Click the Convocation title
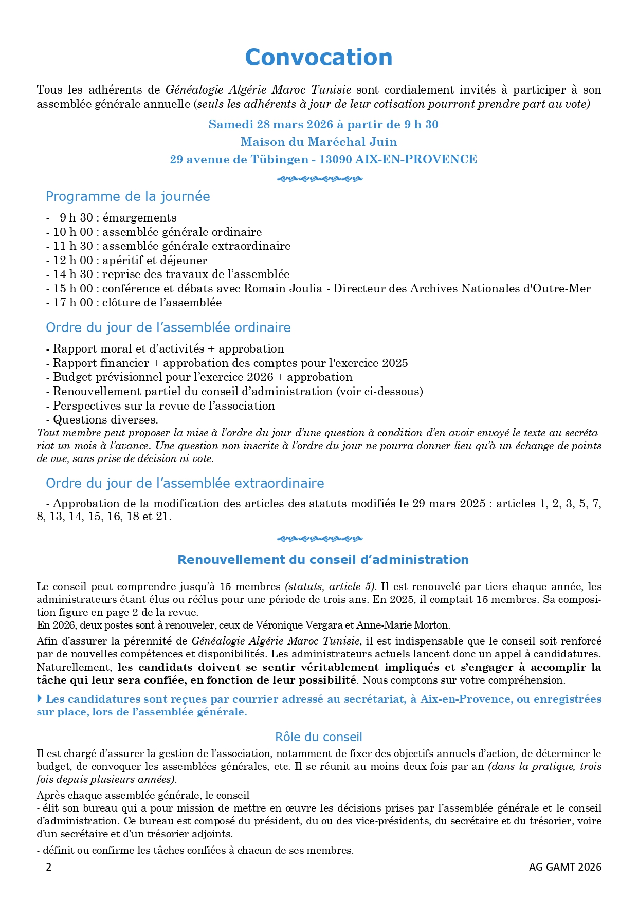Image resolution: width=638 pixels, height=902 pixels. coord(318,57)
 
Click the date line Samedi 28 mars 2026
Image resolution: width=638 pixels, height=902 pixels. coord(323,125)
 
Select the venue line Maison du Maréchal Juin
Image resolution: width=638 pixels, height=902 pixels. coord(319,142)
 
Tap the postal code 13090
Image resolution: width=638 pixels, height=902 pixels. coord(335,159)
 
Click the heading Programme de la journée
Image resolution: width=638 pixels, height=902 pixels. coord(127,196)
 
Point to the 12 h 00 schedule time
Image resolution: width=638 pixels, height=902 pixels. coord(73,260)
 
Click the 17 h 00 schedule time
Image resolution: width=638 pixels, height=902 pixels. coord(73,303)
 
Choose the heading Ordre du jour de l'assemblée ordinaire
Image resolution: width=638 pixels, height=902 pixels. coord(168,327)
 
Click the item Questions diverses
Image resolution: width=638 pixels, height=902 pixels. coord(105,419)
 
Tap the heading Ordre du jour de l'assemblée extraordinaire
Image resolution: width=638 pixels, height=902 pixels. coord(185,483)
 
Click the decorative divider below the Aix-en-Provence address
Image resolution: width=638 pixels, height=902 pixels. coord(319,179)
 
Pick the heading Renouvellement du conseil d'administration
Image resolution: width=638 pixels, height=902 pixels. coord(323,560)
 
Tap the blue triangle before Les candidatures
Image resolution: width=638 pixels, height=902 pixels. coord(40,699)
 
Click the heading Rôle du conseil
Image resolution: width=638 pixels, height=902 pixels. coord(319,737)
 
